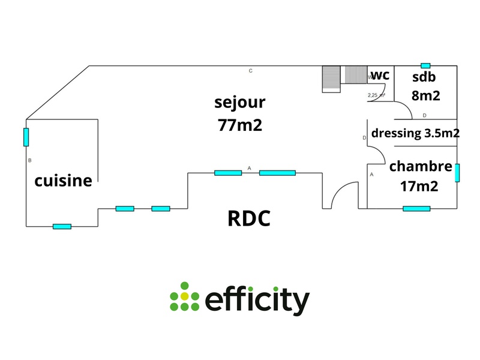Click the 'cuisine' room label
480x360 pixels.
tap(63, 180)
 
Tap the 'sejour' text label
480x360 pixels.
tap(240, 103)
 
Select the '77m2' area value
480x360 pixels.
tap(240, 126)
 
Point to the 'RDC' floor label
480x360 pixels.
tap(249, 218)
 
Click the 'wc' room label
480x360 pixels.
tap(380, 75)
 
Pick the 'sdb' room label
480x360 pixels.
tap(424, 77)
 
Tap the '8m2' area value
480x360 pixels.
tap(426, 95)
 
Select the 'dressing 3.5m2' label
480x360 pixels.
tap(416, 133)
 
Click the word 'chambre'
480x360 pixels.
tap(420, 166)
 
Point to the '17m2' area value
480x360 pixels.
tap(419, 186)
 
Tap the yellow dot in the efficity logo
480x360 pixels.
tap(185, 296)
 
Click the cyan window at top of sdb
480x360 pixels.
tap(425, 65)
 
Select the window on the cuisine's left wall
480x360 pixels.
tap(26, 137)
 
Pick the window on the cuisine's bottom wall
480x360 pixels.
tap(62, 226)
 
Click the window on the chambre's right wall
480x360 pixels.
tap(457, 173)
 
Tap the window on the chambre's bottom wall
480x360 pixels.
tap(416, 209)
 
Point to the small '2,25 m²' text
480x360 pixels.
tap(376, 95)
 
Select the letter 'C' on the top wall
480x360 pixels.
tap(251, 71)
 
